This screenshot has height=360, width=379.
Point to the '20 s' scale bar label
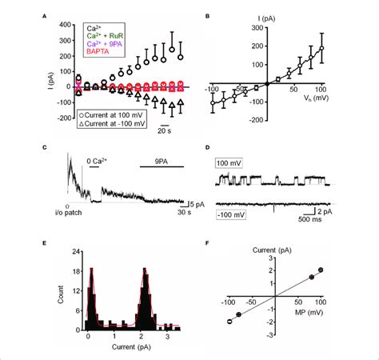click(166, 132)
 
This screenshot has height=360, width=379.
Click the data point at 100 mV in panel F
click(322, 270)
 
